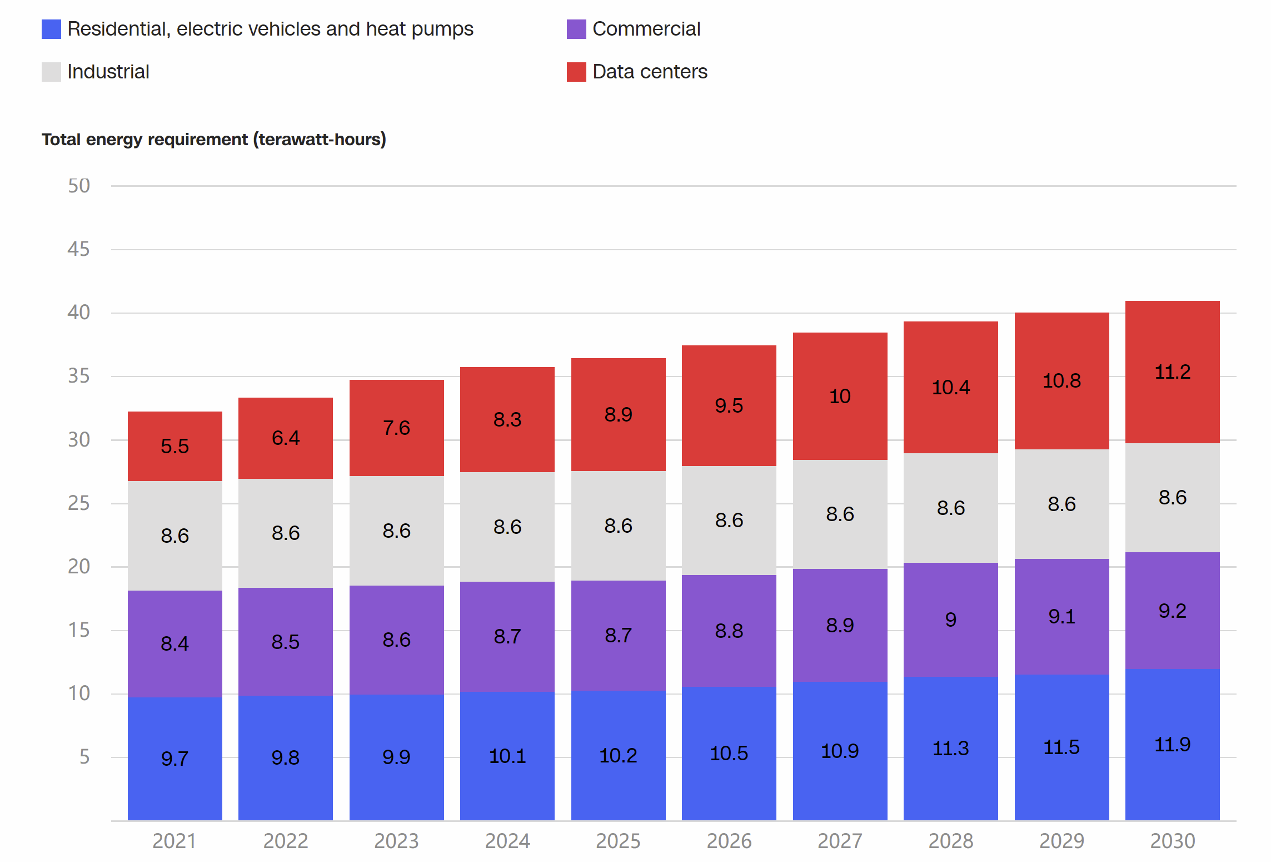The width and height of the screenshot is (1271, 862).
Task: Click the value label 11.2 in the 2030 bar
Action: click(1173, 371)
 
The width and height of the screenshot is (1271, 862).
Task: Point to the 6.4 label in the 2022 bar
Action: click(286, 438)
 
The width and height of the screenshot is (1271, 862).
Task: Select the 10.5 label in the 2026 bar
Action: click(729, 753)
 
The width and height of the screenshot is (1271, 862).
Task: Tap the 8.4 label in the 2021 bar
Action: click(175, 643)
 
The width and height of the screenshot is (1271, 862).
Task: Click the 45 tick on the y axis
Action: click(78, 249)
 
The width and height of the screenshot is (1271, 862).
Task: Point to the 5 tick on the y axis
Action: click(84, 756)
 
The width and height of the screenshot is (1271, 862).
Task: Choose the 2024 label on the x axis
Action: click(507, 841)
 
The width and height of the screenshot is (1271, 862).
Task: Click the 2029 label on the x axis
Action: click(1061, 841)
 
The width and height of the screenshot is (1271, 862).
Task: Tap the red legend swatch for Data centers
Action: click(576, 72)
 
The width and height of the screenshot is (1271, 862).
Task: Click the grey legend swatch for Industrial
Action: click(51, 72)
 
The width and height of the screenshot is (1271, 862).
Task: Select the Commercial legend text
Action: click(646, 29)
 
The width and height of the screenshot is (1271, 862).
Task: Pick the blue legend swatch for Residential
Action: click(51, 29)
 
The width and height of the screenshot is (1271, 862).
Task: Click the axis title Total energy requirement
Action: click(214, 139)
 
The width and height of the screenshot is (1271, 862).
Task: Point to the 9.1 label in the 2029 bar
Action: click(1061, 616)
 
